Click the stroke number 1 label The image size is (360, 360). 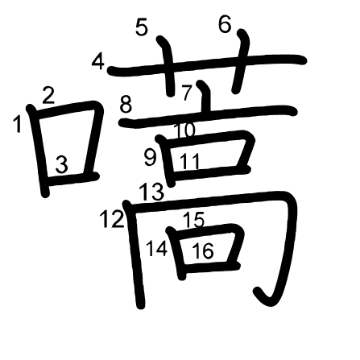(x=18, y=123)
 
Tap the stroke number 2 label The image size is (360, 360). (x=48, y=96)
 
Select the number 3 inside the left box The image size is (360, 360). (x=62, y=164)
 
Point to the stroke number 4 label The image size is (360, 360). (x=98, y=62)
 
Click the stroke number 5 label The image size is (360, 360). (x=142, y=27)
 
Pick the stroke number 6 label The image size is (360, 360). (x=225, y=24)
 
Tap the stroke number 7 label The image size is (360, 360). (x=187, y=93)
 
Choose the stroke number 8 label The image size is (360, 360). (x=126, y=105)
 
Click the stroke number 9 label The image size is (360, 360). (x=150, y=158)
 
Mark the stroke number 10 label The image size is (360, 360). (x=185, y=130)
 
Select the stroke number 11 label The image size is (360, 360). (x=190, y=162)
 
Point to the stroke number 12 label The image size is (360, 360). (x=112, y=219)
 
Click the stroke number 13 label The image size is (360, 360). (x=151, y=192)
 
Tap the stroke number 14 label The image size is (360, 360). (x=157, y=248)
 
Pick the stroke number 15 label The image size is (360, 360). (x=194, y=220)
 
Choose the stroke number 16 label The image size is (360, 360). (x=203, y=250)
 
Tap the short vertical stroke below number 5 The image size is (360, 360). (x=168, y=66)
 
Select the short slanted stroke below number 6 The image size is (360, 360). (x=242, y=61)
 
